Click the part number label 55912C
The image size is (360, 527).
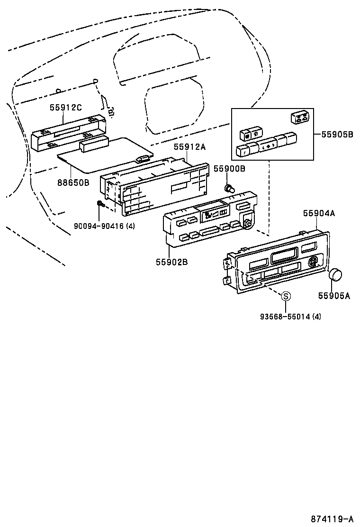coord(66,108)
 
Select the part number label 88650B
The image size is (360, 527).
coord(74,182)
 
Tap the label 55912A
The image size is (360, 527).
coord(189,147)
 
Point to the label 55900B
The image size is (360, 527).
coord(229,169)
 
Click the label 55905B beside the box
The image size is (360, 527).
coord(338,134)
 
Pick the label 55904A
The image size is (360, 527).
coord(319,214)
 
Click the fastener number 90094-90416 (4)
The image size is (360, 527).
coord(104,226)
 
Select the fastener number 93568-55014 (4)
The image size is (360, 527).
coord(290,316)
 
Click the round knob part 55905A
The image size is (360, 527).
coord(336,274)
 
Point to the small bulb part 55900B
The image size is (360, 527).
coord(230,189)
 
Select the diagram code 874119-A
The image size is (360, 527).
coord(332,519)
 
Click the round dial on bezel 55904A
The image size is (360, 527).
coord(313,262)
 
